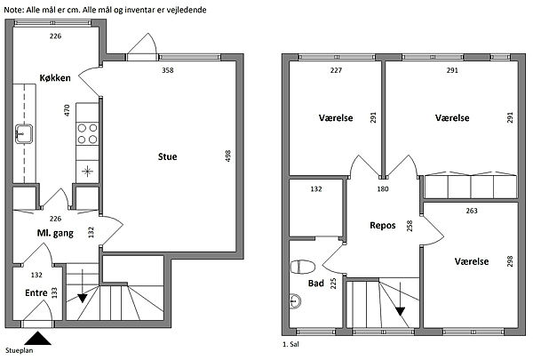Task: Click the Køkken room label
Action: [55, 78]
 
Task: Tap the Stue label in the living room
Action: [167, 156]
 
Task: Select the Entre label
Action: [36, 293]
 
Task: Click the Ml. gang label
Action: [55, 234]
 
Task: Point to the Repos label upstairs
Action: [383, 226]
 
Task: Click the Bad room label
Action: [315, 283]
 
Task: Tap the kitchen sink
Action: [24, 133]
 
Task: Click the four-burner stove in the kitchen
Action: [87, 133]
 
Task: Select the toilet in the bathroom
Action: [302, 267]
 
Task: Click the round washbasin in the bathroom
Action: [295, 300]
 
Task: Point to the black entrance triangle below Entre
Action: [38, 339]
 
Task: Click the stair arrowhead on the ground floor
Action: [83, 299]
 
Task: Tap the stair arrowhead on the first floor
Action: [401, 311]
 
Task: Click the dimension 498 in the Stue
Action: [228, 156]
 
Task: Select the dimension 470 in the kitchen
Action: [67, 110]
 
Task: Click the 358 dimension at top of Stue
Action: [168, 70]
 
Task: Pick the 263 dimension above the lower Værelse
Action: [472, 211]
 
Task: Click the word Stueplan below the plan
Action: [19, 350]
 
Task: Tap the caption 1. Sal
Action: [290, 344]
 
